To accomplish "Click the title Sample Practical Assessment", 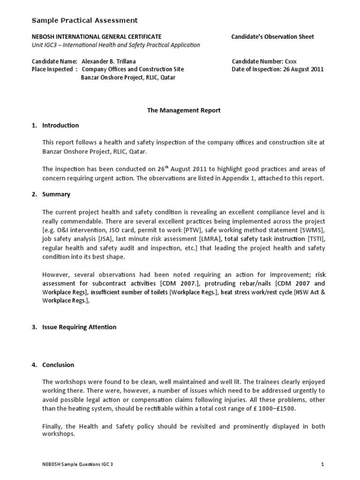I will (x=84, y=20).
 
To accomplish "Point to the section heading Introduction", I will (x=60, y=125).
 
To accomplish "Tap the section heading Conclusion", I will (x=58, y=365).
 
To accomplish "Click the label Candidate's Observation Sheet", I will (x=273, y=37).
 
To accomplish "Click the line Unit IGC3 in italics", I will (x=116, y=45).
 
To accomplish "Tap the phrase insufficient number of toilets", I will (x=129, y=292).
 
